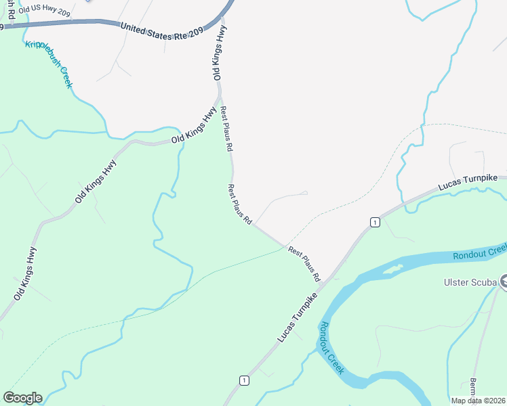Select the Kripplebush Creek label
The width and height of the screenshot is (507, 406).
[48, 64]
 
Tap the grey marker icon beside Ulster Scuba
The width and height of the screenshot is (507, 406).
[503, 282]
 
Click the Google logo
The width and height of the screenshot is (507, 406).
[22, 398]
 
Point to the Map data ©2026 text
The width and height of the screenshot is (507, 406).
[477, 400]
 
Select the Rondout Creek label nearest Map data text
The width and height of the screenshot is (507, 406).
[331, 348]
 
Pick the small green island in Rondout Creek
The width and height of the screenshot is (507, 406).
[393, 269]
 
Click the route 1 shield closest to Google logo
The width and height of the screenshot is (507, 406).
[243, 381]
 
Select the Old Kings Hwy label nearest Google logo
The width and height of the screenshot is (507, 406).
[24, 273]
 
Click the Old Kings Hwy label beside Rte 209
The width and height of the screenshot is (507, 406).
[218, 53]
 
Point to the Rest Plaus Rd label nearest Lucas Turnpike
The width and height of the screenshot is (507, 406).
[304, 264]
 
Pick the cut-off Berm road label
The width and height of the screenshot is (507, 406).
[472, 388]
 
